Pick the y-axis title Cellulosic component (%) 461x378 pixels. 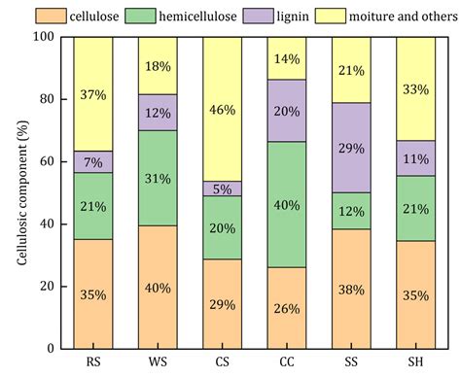(x=21, y=192)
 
